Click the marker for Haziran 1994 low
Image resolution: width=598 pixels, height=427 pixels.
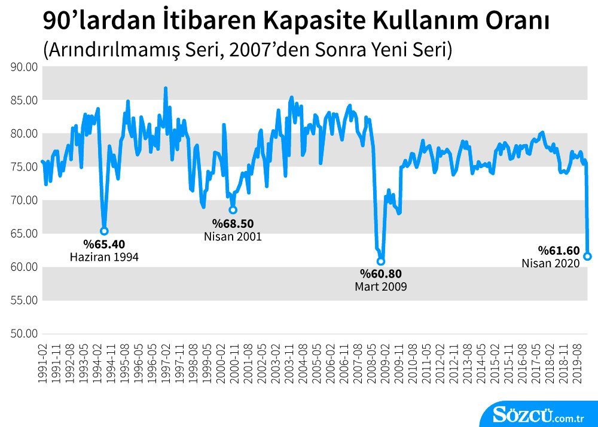pyautogui.click(x=104, y=231)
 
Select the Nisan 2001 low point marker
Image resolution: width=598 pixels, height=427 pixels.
pyautogui.click(x=233, y=210)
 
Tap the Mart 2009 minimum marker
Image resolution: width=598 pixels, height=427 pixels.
pyautogui.click(x=381, y=261)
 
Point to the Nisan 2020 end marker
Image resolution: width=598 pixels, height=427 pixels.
pyautogui.click(x=588, y=256)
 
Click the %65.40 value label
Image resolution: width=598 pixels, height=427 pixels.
pyautogui.click(x=104, y=245)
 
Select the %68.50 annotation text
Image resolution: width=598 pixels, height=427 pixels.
pyautogui.click(x=233, y=224)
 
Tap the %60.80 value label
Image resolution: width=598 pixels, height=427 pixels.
pyautogui.click(x=380, y=274)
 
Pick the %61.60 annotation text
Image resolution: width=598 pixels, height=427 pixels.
pyautogui.click(x=559, y=251)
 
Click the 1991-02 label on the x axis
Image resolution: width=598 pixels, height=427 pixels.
pyautogui.click(x=43, y=359)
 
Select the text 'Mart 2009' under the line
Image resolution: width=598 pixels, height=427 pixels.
pyautogui.click(x=380, y=286)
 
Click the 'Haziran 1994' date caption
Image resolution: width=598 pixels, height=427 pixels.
pyautogui.click(x=104, y=257)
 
